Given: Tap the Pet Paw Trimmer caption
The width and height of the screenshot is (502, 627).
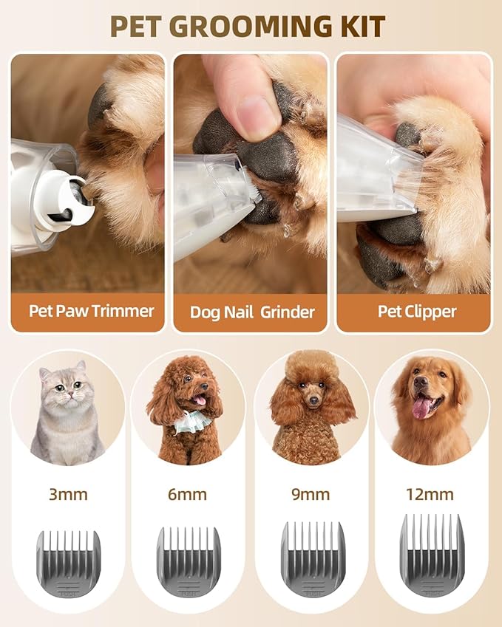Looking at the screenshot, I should pos(92,310).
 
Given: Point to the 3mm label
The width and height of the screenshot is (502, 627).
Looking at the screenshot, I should pos(68,494).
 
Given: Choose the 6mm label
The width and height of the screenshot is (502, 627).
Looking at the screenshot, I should pos(188,494).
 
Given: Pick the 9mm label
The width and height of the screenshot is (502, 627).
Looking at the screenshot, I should pos(311,494).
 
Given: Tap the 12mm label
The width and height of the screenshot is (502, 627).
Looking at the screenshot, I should pos(430,494).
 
